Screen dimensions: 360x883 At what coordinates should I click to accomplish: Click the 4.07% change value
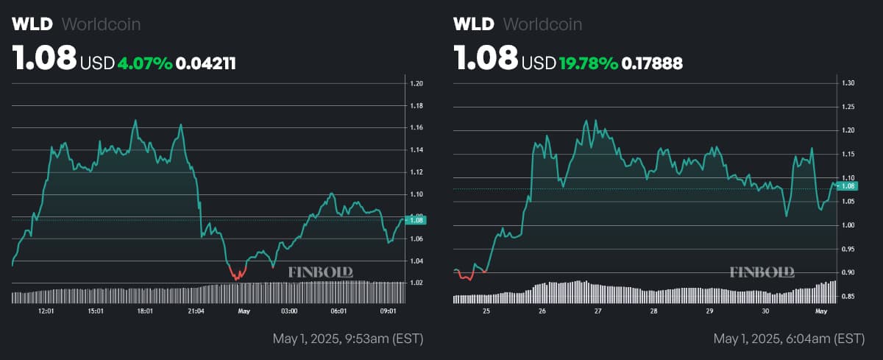(145, 63)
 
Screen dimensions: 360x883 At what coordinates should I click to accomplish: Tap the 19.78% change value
(589, 63)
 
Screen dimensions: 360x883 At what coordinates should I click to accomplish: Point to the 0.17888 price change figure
(652, 63)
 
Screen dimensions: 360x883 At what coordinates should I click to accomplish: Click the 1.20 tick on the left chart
(416, 84)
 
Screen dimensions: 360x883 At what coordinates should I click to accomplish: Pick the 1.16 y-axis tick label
(416, 128)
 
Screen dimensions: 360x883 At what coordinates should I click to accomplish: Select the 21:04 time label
(196, 311)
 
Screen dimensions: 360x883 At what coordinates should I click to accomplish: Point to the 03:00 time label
(289, 311)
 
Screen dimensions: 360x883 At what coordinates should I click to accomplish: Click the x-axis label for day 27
(597, 311)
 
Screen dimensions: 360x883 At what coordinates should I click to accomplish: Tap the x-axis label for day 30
(765, 311)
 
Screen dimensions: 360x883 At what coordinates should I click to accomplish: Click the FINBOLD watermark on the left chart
(320, 272)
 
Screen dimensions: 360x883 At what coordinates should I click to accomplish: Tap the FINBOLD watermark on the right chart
(762, 272)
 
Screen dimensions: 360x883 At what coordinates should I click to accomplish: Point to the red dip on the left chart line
(238, 276)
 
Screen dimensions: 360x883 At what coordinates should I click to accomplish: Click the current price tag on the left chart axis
(417, 220)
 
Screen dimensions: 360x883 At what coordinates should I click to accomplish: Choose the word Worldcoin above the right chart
(542, 24)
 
